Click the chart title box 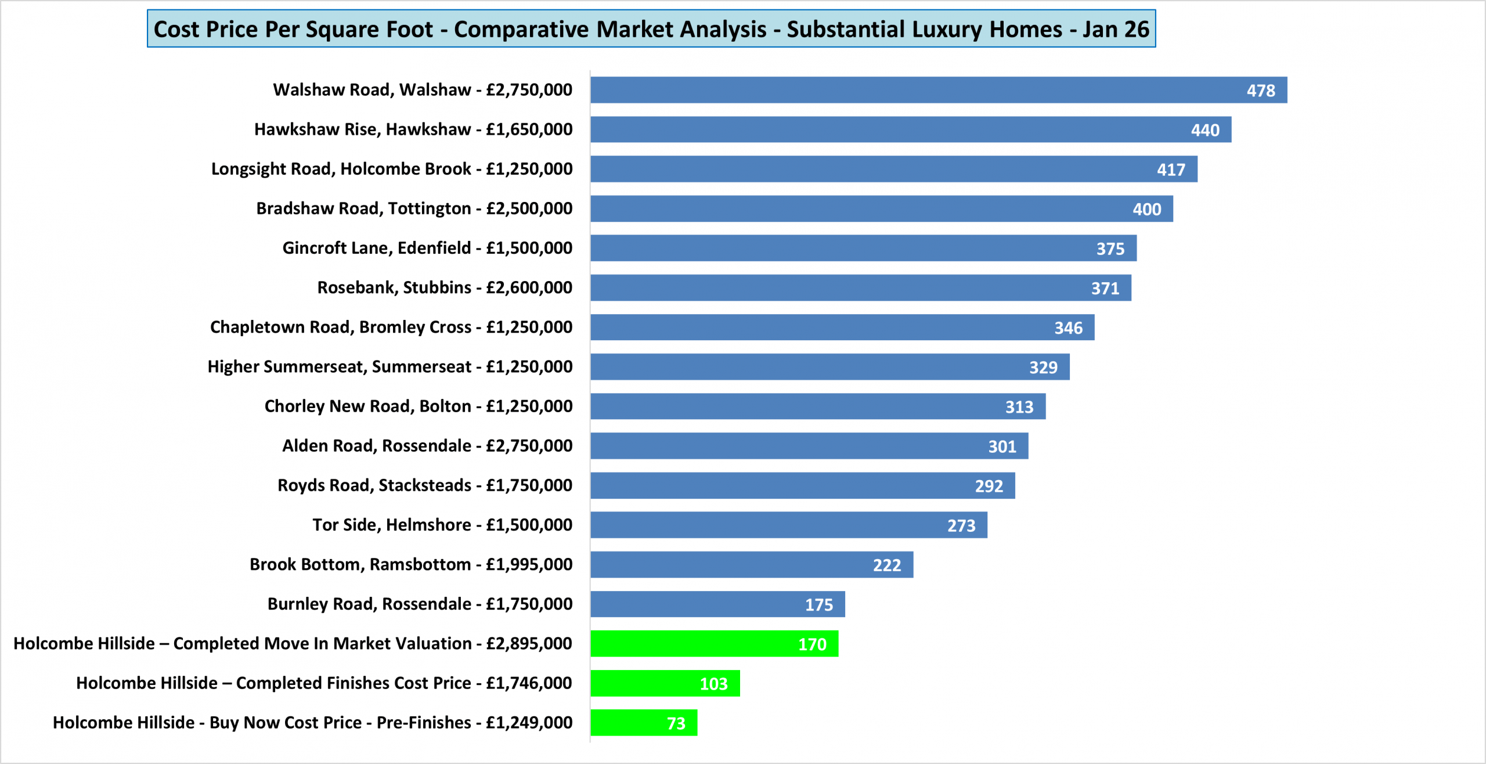(651, 29)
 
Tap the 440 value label (1205, 130)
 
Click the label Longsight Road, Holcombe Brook (392, 169)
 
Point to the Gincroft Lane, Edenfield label (427, 248)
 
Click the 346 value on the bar (1068, 328)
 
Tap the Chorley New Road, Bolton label (419, 406)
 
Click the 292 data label (989, 486)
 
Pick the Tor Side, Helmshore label (442, 525)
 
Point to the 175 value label (818, 605)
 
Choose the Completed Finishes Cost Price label (324, 683)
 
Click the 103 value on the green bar (713, 684)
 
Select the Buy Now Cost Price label (312, 723)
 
